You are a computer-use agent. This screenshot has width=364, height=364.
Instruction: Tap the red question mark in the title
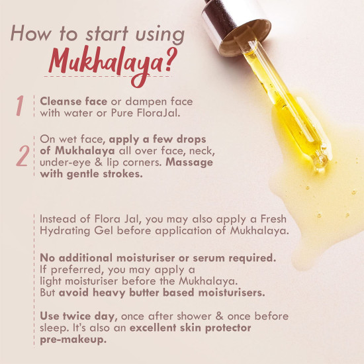(x=170, y=60)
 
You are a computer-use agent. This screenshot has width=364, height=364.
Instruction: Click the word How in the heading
(x=30, y=34)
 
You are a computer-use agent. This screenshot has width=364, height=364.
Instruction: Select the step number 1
(x=20, y=105)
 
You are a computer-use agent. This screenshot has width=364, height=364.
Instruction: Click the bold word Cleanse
(x=61, y=101)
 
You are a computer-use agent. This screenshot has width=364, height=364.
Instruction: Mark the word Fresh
(x=273, y=219)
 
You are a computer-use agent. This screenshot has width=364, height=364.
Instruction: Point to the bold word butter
(x=144, y=293)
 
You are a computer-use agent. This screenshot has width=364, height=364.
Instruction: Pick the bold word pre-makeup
(x=73, y=340)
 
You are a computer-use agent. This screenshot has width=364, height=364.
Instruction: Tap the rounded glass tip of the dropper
(x=321, y=159)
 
